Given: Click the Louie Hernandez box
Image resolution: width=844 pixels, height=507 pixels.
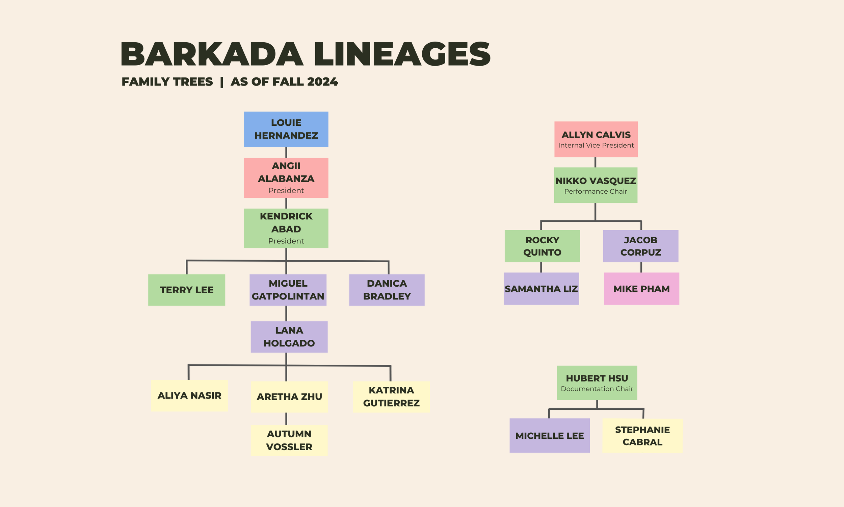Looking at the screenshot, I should tap(286, 129).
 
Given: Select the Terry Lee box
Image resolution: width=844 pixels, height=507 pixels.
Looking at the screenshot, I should tap(187, 290).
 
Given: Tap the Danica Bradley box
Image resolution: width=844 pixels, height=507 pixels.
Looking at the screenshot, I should tap(387, 290).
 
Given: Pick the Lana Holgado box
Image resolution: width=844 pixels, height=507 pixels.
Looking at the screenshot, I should tap(289, 337).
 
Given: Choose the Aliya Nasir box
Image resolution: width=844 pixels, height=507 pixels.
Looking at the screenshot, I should tap(189, 395).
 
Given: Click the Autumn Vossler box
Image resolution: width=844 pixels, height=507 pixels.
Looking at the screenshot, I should tap(289, 440).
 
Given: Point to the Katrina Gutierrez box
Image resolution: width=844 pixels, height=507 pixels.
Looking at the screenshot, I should tap(391, 397).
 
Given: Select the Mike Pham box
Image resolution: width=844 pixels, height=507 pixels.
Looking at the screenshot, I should tap(641, 289).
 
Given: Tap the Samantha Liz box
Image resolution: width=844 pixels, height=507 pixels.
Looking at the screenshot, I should tap(541, 289).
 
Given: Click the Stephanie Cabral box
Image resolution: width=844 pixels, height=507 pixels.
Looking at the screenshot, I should tap(642, 436).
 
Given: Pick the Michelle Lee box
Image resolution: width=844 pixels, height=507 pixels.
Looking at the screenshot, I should tap(550, 436).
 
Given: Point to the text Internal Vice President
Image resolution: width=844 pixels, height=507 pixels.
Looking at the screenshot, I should tap(596, 145).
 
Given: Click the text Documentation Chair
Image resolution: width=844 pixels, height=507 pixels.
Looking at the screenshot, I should tap(597, 389).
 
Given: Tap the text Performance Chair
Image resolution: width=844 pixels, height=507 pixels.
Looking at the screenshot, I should tap(596, 191).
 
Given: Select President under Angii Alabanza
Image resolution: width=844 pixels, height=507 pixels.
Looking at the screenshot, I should tap(286, 190).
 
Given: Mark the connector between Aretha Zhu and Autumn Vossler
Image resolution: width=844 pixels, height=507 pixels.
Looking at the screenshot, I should tap(286, 418).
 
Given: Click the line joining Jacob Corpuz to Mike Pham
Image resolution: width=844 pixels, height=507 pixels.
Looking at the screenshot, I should tap(641, 267).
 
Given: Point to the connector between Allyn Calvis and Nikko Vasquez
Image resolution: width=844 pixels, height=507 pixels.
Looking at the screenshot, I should tap(595, 162).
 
